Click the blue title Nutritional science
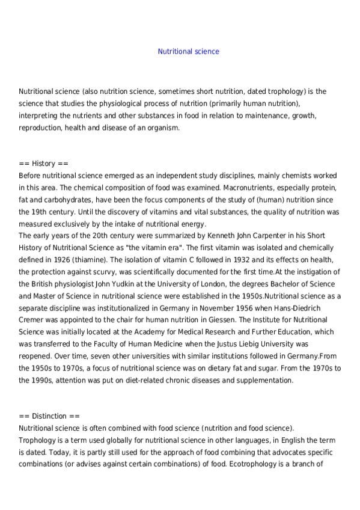(x=188, y=52)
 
